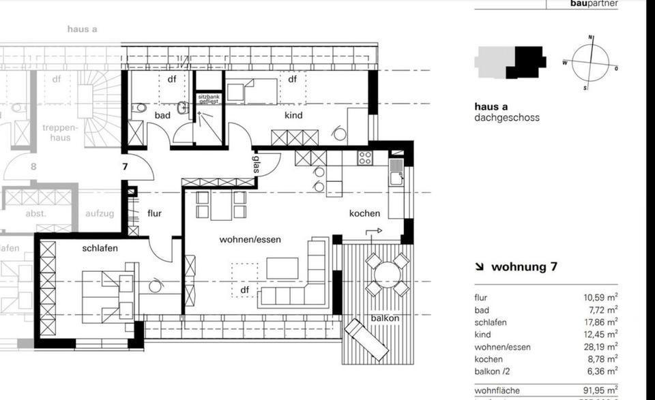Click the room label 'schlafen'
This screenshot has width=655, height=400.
[100, 248]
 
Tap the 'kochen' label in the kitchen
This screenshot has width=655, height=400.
[364, 213]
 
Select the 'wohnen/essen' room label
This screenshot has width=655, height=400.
[250, 240]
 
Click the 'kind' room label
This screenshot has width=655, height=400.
[293, 115]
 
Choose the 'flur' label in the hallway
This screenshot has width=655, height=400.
[154, 213]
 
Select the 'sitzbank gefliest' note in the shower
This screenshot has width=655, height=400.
[209, 100]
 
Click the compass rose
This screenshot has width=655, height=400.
[589, 63]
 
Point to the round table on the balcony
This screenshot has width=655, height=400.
[387, 275]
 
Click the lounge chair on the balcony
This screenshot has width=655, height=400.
[366, 339]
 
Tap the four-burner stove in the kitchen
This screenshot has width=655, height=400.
[365, 158]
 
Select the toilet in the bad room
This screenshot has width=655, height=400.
[139, 108]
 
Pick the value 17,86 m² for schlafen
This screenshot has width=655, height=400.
[601, 322]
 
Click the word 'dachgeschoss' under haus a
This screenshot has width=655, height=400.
[507, 117]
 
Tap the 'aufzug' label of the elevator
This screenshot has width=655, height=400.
[100, 213]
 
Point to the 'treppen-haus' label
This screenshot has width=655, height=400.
[61, 132]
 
